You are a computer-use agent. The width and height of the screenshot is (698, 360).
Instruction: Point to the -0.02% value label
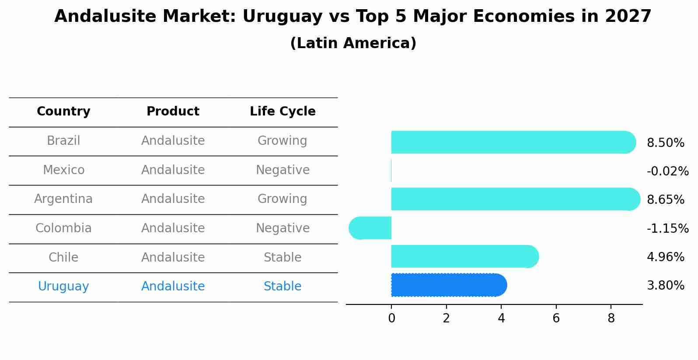tap(667, 171)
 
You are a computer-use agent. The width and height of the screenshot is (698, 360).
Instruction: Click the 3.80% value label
tap(665, 286)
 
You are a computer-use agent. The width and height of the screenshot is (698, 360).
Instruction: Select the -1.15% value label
tap(667, 228)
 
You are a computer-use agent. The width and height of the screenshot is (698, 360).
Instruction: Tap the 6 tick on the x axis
tap(556, 318)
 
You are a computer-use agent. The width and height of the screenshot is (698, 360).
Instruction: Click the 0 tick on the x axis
tap(391, 318)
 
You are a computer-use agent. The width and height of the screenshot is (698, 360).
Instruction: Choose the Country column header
tap(63, 112)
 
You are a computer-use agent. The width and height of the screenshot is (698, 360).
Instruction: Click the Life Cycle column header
tap(283, 112)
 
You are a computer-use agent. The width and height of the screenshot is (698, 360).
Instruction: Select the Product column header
tap(173, 112)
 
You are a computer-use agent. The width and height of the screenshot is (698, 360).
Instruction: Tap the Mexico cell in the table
tap(63, 170)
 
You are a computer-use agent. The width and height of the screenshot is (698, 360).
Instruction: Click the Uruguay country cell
tap(63, 287)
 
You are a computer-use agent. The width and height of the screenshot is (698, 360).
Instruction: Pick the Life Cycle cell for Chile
tap(283, 257)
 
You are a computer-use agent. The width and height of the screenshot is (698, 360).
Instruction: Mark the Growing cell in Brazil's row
tap(283, 141)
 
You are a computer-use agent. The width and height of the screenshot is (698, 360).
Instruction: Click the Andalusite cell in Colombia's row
tap(173, 228)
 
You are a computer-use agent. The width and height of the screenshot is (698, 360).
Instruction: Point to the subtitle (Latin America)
tap(353, 43)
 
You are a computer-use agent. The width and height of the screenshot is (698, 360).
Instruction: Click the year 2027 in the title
tap(628, 17)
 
